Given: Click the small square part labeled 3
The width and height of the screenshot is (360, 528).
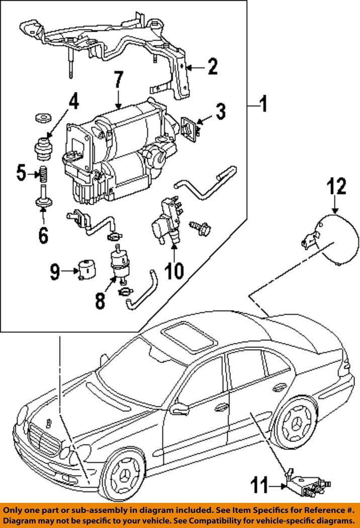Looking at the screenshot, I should click(189, 129).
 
